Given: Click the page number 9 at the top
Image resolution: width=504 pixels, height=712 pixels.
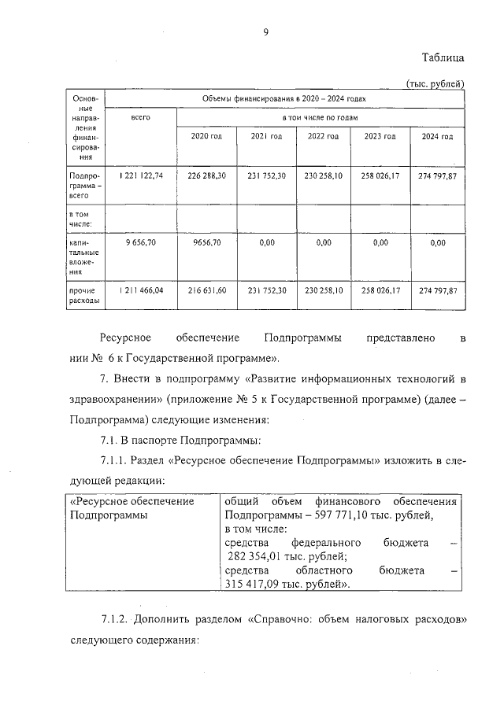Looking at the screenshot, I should [x=266, y=31].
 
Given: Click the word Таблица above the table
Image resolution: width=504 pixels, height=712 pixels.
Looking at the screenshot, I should [x=443, y=57].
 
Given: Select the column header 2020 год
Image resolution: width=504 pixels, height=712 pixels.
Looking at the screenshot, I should [x=206, y=136].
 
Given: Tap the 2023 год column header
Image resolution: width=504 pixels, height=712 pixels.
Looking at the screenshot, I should [x=380, y=136].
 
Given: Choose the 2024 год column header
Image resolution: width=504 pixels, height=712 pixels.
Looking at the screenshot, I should [x=437, y=136].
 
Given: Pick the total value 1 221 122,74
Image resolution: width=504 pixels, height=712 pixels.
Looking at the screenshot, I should [x=142, y=175].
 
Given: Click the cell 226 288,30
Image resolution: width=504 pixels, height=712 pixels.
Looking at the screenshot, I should [x=207, y=175].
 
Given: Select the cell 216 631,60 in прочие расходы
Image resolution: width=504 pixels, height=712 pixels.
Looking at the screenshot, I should [x=207, y=290].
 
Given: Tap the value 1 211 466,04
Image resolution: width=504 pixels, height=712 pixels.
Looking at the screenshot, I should [x=142, y=290].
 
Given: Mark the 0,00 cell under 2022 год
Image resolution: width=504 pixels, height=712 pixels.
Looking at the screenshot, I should [x=323, y=243].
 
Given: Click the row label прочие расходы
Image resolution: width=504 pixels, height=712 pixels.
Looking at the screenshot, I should [x=83, y=295].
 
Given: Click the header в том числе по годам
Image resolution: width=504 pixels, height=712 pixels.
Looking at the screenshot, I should [x=321, y=116].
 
